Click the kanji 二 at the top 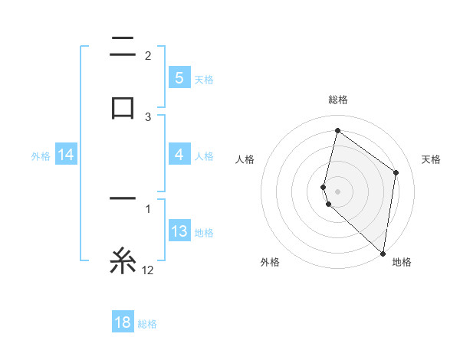(123, 47)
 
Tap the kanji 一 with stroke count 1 (123, 198)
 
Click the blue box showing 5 (179, 78)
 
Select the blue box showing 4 (179, 155)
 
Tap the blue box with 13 (179, 231)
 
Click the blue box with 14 (66, 155)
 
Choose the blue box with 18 (123, 322)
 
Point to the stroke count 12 (148, 270)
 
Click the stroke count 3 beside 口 (148, 116)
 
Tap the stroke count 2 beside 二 (148, 56)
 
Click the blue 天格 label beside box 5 (204, 79)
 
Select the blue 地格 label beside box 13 (204, 232)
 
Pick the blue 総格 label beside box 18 (147, 323)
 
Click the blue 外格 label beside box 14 (41, 156)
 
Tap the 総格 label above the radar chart (338, 100)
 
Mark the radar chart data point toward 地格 (383, 253)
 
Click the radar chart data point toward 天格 (396, 172)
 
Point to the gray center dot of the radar (338, 190)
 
